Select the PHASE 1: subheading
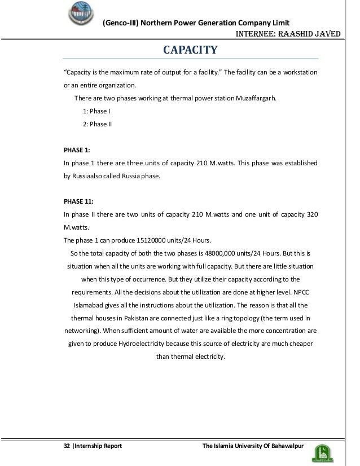point(76,151)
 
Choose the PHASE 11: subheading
point(78,201)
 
